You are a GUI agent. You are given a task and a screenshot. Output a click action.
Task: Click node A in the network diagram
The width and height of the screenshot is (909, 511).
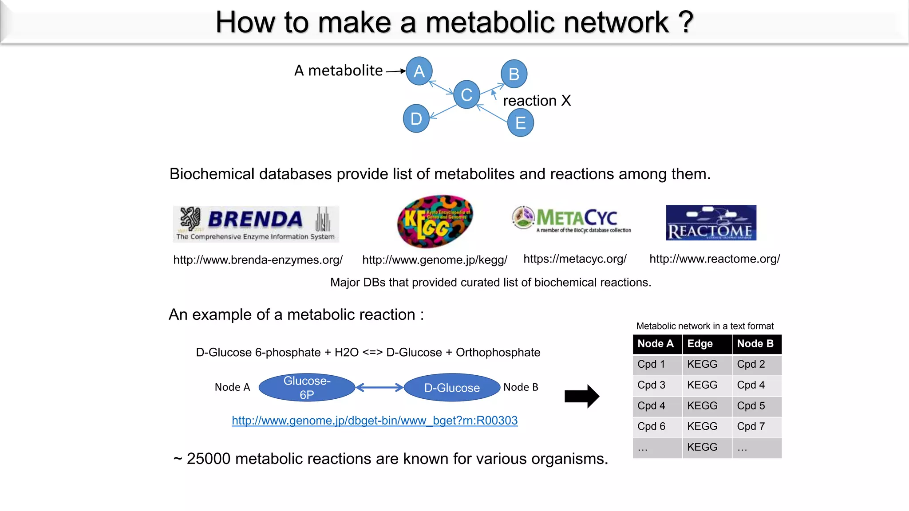pos(419,71)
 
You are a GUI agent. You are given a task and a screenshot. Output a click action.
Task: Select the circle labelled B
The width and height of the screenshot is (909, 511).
pos(514,74)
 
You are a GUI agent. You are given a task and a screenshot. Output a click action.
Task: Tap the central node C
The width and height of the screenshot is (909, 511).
pos(466,94)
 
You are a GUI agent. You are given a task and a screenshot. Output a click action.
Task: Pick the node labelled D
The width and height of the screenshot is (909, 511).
pos(416,118)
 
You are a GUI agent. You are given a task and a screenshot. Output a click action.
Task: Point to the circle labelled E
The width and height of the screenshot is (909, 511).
pos(520,123)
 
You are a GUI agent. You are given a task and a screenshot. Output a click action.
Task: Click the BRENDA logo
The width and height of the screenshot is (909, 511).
pos(256,224)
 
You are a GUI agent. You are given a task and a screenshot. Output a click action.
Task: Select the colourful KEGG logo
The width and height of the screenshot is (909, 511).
pos(435,221)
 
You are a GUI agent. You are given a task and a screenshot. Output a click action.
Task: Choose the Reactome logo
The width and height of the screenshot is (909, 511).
pos(711,223)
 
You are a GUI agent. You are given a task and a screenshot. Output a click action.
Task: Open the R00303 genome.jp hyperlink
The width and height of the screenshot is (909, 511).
pos(375,421)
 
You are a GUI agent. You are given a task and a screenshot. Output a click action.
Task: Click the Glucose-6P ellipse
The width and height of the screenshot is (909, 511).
pos(307,387)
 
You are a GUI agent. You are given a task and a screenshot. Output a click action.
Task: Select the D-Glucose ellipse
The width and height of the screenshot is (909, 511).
pos(452,388)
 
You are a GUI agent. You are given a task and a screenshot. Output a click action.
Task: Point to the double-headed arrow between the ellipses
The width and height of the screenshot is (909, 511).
pos(379,388)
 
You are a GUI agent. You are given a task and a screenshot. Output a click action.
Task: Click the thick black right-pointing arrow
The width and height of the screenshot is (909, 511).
pos(581,396)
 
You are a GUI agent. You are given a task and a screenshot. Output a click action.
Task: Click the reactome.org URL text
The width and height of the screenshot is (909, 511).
pos(715,259)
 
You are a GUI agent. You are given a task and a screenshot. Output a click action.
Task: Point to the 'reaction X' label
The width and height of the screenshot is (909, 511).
pos(537,101)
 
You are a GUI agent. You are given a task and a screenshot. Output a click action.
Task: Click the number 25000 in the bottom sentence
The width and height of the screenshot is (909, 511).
pos(208,459)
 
